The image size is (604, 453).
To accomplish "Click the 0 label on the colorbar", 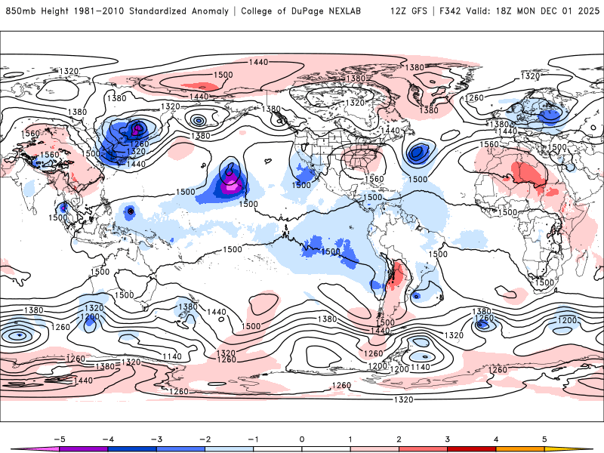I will pos(302,438).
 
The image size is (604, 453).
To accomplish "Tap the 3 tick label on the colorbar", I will pos(447,438).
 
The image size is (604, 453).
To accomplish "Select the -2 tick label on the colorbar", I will pos(205,438).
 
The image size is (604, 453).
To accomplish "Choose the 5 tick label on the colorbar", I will pos(544,438).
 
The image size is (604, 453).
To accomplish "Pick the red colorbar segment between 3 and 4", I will pos(471,448).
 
